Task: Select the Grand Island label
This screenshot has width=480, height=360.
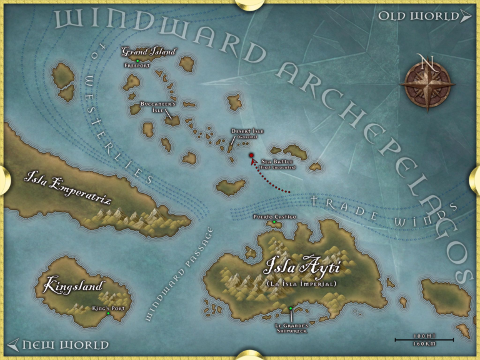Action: (x=148, y=52)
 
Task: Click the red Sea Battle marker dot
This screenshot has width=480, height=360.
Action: (x=251, y=155)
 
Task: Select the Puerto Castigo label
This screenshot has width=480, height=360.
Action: (x=274, y=216)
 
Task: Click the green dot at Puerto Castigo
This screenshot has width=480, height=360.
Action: (x=274, y=222)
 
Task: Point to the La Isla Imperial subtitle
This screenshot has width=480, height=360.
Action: (x=301, y=284)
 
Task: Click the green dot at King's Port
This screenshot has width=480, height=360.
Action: (x=108, y=313)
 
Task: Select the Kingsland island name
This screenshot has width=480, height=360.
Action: (x=73, y=287)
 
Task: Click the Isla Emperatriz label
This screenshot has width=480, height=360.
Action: (x=67, y=182)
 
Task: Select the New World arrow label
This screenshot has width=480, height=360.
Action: (x=59, y=345)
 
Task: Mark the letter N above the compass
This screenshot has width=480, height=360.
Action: (x=427, y=62)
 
